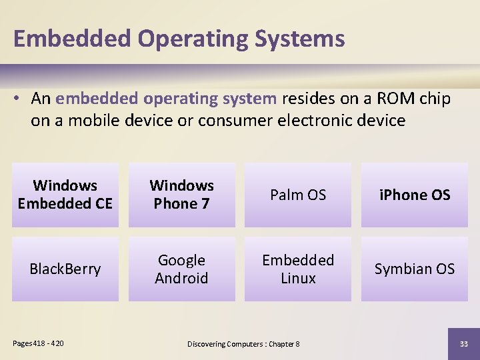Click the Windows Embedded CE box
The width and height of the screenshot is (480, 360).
[x=65, y=195]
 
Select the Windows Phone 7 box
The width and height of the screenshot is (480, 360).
[x=181, y=195]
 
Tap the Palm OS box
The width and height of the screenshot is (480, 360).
[x=298, y=195]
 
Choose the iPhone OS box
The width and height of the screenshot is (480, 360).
[x=414, y=195]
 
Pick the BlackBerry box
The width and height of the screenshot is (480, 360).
[x=65, y=269]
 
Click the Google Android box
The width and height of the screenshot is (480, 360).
[x=181, y=269]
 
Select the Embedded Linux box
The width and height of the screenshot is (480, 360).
[x=298, y=269]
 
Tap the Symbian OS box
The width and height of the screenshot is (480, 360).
[x=414, y=269]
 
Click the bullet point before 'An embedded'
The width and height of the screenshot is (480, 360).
[x=18, y=99]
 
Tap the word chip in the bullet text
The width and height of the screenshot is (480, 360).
[x=435, y=99]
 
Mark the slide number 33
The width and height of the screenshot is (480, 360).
[x=463, y=343]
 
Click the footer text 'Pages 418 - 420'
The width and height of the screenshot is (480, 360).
[x=39, y=343]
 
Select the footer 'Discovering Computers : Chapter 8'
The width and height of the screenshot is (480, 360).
[x=243, y=343]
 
